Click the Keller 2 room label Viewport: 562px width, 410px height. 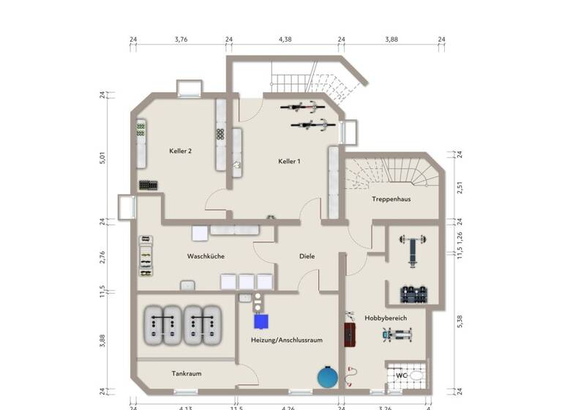pos(180,151)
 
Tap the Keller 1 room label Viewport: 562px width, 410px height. pos(289,161)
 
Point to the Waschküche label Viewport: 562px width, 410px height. pos(206,256)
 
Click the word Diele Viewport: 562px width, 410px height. pos(307,256)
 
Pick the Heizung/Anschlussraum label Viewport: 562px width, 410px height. pos(286,340)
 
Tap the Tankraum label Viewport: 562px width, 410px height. pos(187,373)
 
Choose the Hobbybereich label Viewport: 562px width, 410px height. pos(385,318)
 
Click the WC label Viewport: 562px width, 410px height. pos(401,376)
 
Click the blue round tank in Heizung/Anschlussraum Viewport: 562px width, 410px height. pos(326,377)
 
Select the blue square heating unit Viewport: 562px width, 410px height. pos(261,321)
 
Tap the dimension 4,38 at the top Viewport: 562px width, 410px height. pos(285,40)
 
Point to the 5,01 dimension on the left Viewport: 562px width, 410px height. pos(102,157)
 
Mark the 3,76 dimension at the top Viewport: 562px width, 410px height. pos(181,40)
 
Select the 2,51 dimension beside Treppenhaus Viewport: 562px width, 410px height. pos(460,187)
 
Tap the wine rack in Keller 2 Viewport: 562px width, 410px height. pos(148,185)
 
